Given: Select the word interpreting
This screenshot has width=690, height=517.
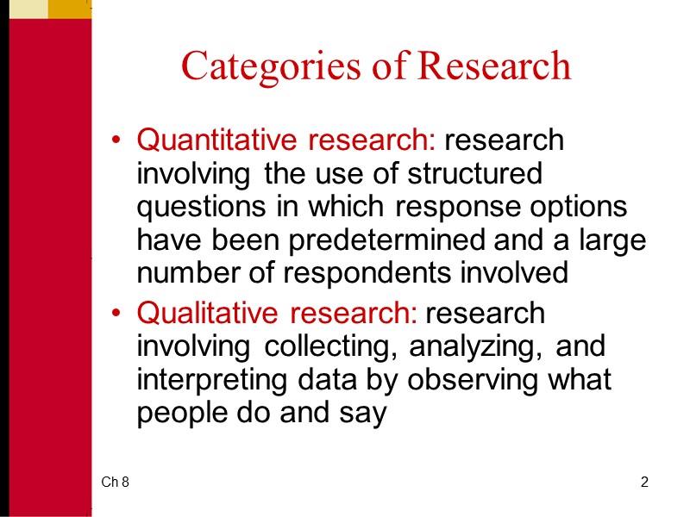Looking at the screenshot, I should tap(208, 380).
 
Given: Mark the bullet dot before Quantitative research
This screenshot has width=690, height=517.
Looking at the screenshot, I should tap(118, 140).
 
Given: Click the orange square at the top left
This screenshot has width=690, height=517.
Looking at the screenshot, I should tap(69, 9).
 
